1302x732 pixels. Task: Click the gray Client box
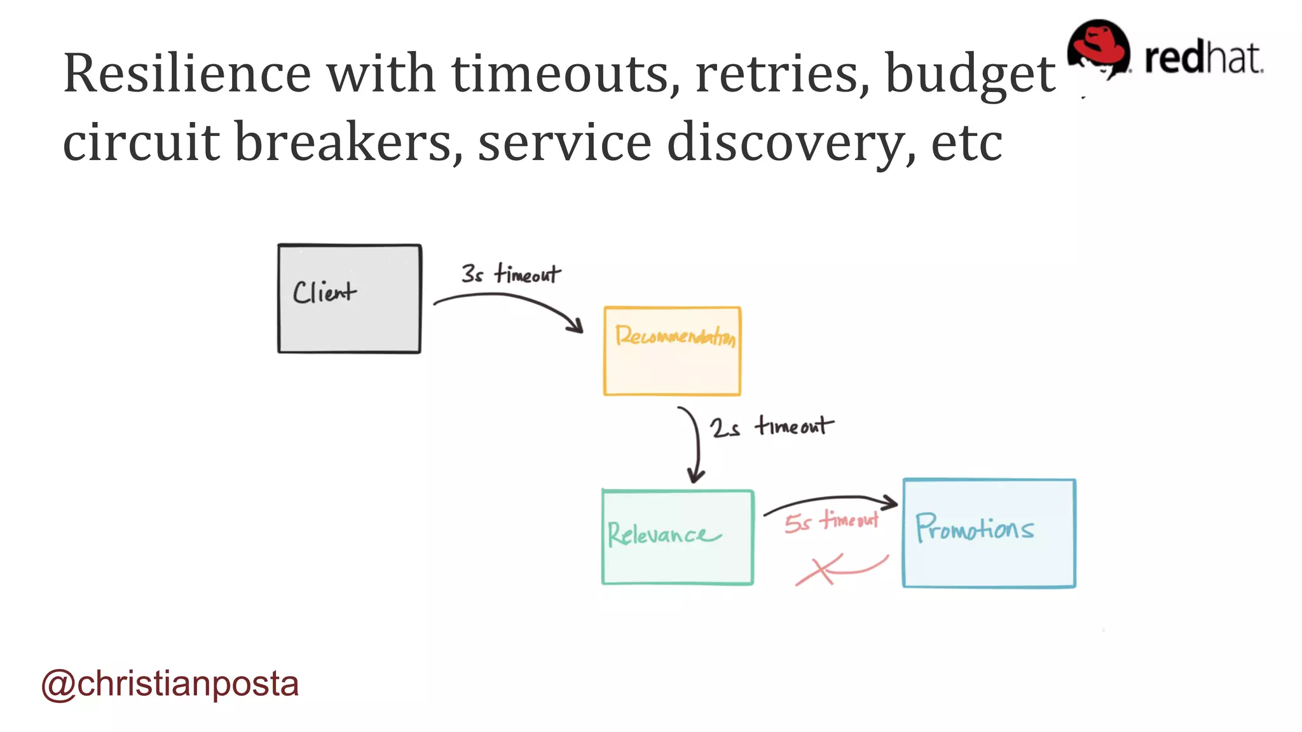coord(349,299)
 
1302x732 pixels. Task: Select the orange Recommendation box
coord(672,351)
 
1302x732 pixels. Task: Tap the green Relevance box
coord(678,537)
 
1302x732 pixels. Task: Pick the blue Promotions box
coord(989,533)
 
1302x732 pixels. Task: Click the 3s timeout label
coord(511,274)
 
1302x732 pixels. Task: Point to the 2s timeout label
coord(771,426)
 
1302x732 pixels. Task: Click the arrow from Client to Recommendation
coord(509,302)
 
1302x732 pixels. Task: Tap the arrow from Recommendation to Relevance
coord(697,445)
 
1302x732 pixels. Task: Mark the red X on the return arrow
coord(819,569)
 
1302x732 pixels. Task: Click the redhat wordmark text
coord(1203,58)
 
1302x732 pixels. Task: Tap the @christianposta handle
coord(170,684)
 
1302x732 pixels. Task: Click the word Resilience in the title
coord(187,73)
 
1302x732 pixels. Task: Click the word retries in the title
coord(783,74)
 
